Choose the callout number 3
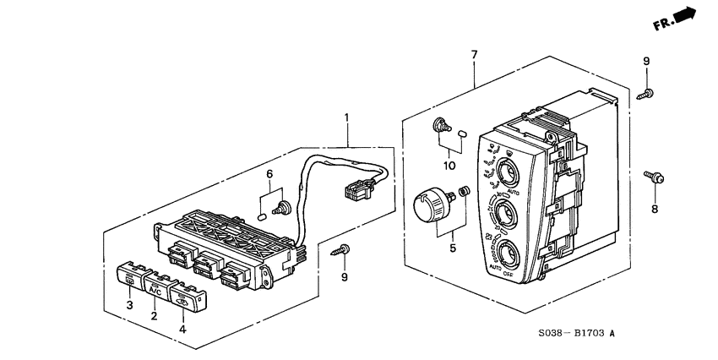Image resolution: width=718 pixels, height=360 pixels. coord(130,304)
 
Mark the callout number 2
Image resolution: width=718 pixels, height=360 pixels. coord(154,315)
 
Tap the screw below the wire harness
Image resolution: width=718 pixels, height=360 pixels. coord(342,248)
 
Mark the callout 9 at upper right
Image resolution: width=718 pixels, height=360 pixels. coord(646,61)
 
